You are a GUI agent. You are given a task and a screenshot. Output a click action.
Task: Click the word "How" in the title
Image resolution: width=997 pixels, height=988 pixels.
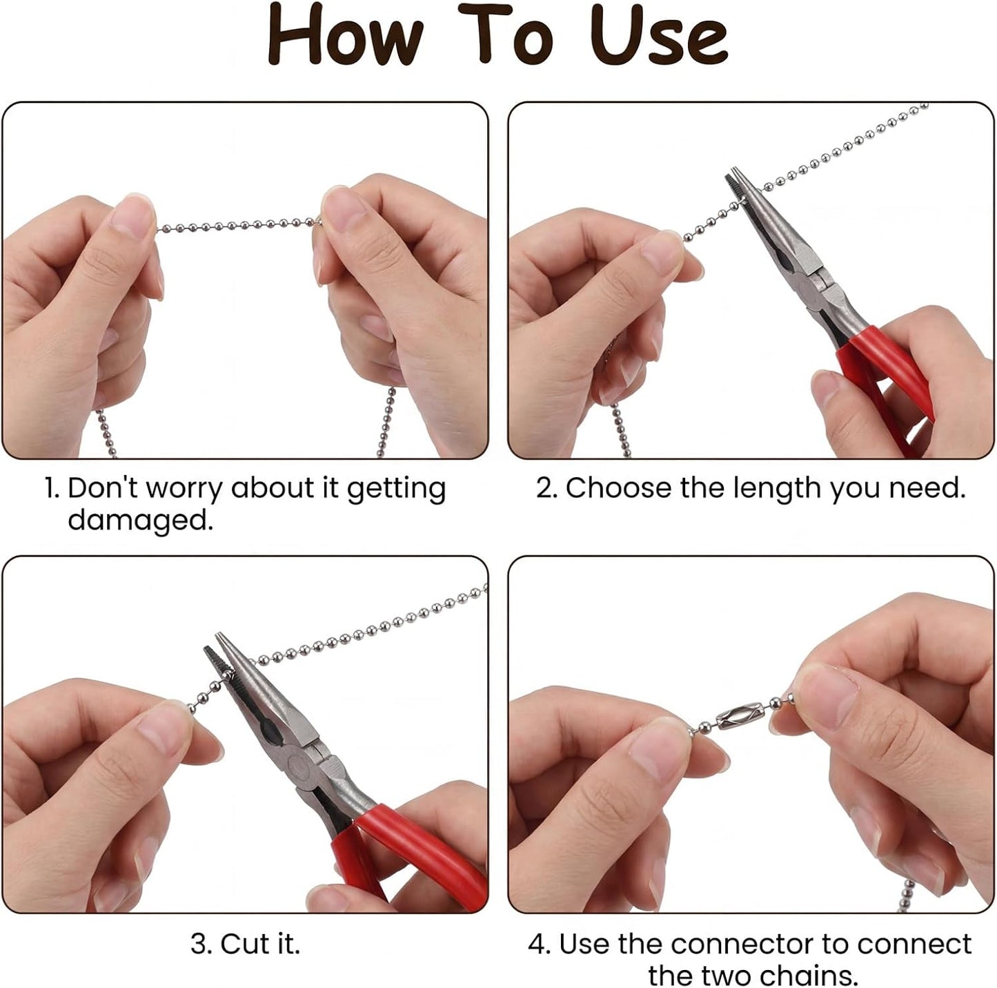pos(345,35)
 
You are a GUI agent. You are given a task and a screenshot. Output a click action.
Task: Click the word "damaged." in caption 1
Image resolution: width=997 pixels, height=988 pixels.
pos(140,521)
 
